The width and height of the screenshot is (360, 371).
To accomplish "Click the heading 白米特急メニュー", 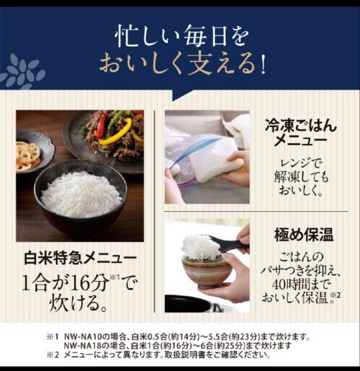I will tap(80, 258).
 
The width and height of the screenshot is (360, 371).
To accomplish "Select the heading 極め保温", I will tap(304, 236).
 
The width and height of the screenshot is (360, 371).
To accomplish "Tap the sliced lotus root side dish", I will tap(28, 157).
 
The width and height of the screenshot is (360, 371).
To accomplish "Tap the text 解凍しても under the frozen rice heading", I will tap(301, 177).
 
